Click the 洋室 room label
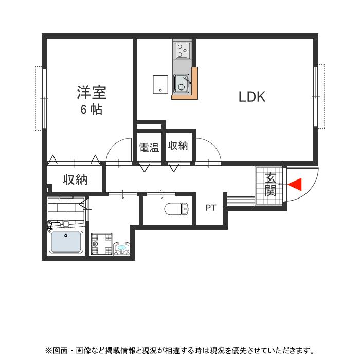92,93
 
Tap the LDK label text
251,97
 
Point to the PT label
210,208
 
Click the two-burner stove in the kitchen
182,50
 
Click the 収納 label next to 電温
178,146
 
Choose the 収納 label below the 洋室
75,180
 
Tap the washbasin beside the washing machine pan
122,248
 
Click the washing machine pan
101,244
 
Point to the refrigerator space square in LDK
160,84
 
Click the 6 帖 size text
91,110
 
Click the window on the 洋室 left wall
41,98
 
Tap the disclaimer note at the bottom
179,351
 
